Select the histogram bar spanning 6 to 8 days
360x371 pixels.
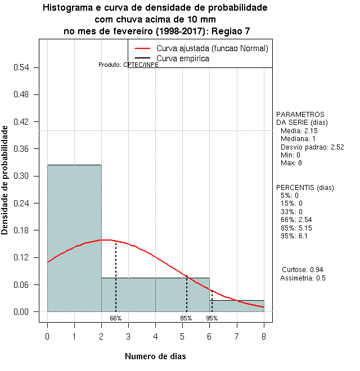237,306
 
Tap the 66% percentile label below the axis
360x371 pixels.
115,318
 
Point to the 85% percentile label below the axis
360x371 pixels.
186,318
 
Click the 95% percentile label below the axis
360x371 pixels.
211,318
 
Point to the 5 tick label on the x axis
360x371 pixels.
182,336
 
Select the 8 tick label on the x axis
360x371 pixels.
264,336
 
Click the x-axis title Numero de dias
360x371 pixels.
155,356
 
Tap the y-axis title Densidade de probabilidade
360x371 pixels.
5,180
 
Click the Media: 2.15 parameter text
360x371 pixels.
299,130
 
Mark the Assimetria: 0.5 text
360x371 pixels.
303,278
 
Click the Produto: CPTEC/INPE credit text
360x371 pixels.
128,65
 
